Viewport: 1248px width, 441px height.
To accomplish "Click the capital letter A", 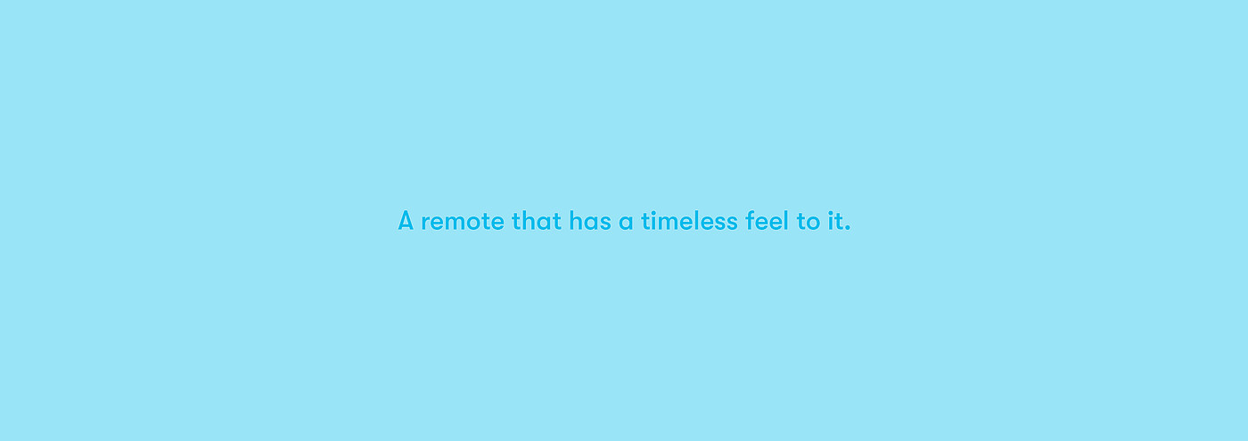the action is (x=406, y=221).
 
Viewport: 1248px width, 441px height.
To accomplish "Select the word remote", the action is (x=463, y=222).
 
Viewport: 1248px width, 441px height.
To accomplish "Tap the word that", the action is (x=537, y=221).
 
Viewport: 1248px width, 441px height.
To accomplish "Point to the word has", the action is (x=590, y=221).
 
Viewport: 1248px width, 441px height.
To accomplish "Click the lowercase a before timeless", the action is (x=626, y=222).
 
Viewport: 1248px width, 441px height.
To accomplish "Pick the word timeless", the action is (x=689, y=221).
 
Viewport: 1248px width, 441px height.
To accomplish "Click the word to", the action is (x=809, y=222).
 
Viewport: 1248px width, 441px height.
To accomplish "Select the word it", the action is (x=834, y=221).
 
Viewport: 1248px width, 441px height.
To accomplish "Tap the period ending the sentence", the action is (x=848, y=228).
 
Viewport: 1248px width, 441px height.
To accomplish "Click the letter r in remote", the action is (x=426, y=222).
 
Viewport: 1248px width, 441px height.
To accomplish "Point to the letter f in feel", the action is (x=751, y=221).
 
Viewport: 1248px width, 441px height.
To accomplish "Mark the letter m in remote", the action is (x=461, y=222).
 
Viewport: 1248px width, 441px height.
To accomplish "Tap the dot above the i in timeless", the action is (x=654, y=212).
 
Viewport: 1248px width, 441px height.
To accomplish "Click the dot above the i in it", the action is (x=830, y=212).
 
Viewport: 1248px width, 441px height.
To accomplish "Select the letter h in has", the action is (x=576, y=221).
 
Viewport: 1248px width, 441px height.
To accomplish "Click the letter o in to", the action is (x=812, y=222).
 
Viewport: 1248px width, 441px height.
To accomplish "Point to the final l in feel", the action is (x=786, y=221).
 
